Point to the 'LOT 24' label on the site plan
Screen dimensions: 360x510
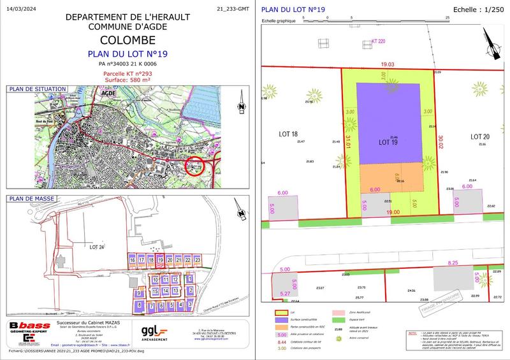click(97, 247)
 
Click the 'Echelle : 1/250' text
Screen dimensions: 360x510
click(477, 9)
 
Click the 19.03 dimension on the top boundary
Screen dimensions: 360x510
click(388, 64)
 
